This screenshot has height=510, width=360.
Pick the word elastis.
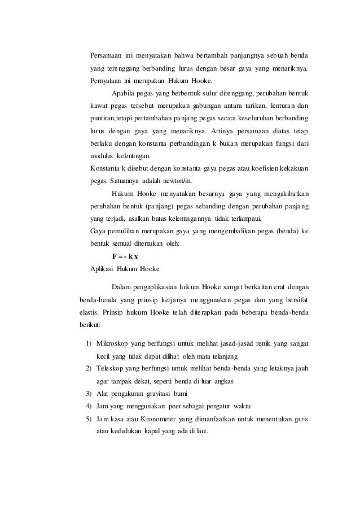90,313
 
